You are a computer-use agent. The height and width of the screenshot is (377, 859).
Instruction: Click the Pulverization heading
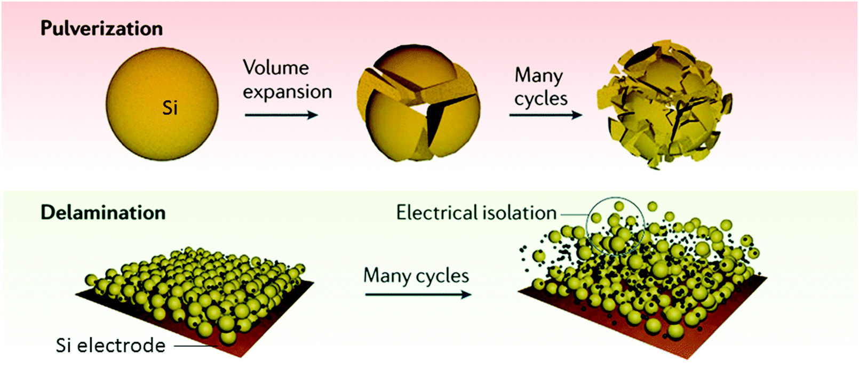[101, 28]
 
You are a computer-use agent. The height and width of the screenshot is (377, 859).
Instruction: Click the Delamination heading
[103, 213]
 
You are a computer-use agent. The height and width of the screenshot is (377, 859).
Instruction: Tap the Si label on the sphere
[170, 108]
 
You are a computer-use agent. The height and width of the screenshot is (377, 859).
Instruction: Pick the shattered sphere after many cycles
[664, 105]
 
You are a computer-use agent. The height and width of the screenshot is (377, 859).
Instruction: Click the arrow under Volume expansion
[281, 115]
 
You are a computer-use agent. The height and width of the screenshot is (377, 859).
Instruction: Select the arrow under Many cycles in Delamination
[418, 294]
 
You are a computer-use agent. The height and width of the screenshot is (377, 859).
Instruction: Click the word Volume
[276, 68]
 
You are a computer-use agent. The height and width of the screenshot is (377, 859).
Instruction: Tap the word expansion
[287, 92]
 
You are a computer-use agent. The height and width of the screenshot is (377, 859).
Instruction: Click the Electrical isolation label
[476, 213]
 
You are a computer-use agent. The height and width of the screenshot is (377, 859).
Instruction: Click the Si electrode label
[110, 346]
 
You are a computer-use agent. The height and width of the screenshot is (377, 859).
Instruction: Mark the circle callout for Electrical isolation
[615, 224]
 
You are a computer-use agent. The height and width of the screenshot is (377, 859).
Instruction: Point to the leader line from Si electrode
[195, 346]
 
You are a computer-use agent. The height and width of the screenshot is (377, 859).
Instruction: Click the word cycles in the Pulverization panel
[540, 99]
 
